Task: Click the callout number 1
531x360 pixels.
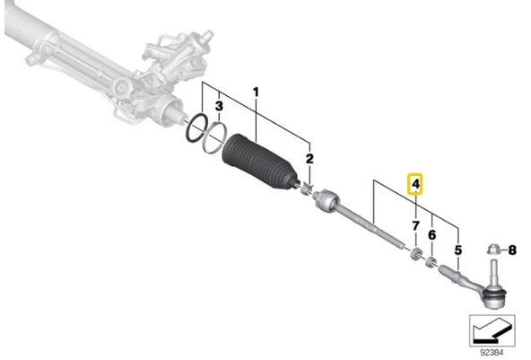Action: click(256, 92)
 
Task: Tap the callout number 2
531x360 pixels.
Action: click(309, 159)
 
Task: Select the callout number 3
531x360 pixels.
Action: click(219, 106)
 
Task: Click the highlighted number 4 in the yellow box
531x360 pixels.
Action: click(415, 184)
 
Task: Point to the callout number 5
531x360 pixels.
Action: click(457, 250)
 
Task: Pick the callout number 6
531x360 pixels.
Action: click(431, 234)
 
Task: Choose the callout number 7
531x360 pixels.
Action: click(415, 225)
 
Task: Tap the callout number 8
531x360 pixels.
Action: click(512, 250)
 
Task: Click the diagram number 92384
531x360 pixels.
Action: click(492, 353)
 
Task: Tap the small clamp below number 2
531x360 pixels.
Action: click(308, 189)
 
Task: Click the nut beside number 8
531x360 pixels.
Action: click(493, 250)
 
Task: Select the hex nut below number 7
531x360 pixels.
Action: click(416, 254)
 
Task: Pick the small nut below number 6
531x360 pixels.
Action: click(431, 263)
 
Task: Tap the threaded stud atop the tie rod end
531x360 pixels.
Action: click(493, 272)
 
